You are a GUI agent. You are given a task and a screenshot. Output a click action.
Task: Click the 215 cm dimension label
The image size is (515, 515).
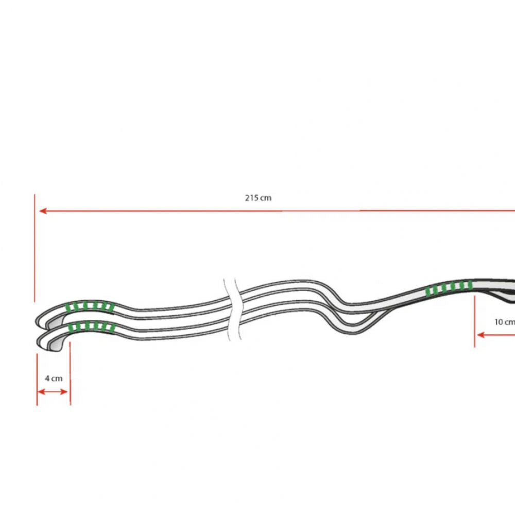click(x=258, y=198)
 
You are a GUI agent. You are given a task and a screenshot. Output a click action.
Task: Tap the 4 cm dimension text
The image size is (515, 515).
click(x=53, y=378)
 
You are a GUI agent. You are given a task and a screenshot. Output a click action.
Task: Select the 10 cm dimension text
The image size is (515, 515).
click(x=504, y=322)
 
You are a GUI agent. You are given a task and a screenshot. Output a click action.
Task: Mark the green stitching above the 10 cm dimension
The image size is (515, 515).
click(x=450, y=288)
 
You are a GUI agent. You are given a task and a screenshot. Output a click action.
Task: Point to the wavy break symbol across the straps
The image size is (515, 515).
click(x=232, y=309)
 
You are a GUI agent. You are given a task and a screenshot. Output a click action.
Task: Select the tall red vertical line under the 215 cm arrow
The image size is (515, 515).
click(x=35, y=247)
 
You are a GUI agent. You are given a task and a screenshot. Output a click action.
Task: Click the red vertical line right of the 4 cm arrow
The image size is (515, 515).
click(x=70, y=373)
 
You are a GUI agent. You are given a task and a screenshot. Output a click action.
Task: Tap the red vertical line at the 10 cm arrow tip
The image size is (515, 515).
click(x=474, y=322)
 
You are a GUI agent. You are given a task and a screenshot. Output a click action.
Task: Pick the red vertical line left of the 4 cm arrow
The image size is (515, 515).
click(x=37, y=379)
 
